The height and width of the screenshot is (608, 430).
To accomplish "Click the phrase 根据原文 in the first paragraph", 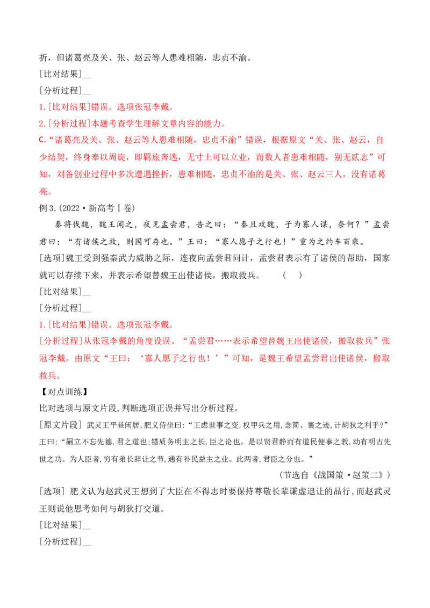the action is tap(287, 141).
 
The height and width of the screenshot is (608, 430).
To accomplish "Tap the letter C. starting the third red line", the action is tap(41, 141).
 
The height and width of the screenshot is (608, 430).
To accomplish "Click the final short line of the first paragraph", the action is tap(45, 191).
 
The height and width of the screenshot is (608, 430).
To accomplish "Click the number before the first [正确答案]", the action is tap(41, 107).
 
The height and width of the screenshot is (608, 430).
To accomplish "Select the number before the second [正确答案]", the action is tap(41, 325).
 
